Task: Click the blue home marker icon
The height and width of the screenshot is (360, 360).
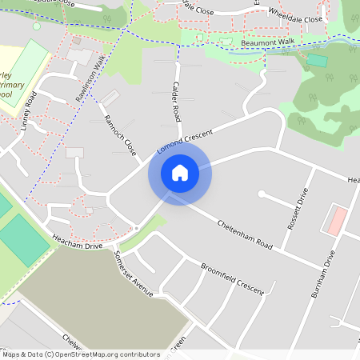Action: pyautogui.click(x=180, y=172)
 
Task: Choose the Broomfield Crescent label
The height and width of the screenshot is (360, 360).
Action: pyautogui.click(x=232, y=278)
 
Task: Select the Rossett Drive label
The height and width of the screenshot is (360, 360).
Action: pyautogui.click(x=298, y=210)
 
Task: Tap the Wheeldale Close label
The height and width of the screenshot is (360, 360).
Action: pyautogui.click(x=295, y=16)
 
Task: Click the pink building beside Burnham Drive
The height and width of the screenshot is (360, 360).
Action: pyautogui.click(x=338, y=220)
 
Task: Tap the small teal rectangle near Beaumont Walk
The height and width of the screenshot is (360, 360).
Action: pyautogui.click(x=317, y=60)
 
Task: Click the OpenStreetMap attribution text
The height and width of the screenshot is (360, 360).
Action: pyautogui.click(x=80, y=354)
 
